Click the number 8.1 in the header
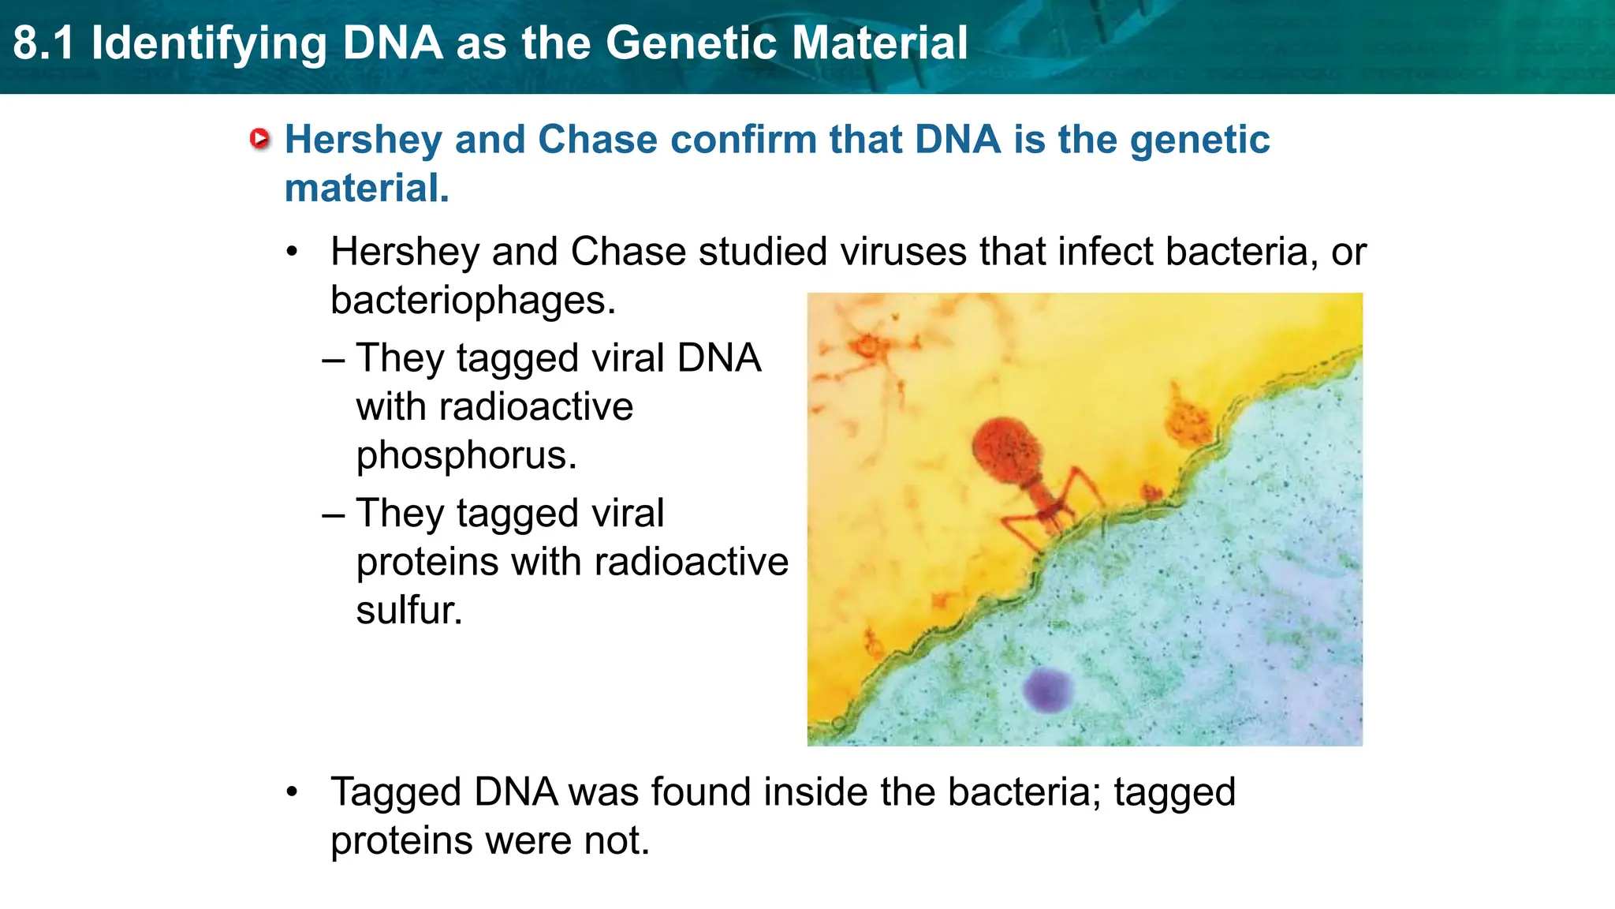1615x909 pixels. (x=43, y=43)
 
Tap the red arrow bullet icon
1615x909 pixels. (x=259, y=139)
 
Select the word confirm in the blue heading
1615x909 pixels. (x=742, y=140)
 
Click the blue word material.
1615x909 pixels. (x=367, y=189)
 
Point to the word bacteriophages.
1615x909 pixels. (x=472, y=301)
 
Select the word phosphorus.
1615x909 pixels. (x=466, y=456)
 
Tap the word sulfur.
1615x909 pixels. (x=408, y=611)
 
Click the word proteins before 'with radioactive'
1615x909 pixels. (x=427, y=563)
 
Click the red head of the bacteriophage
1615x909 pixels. (x=1008, y=451)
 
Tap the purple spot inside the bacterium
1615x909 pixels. (x=1047, y=689)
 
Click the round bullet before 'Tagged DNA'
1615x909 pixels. (x=293, y=791)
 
